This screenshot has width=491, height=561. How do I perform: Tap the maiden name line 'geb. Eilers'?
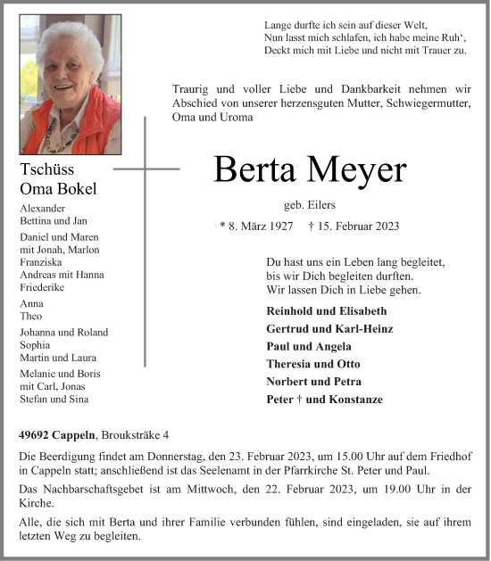(309, 205)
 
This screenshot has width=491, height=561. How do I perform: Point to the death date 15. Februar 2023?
(353, 227)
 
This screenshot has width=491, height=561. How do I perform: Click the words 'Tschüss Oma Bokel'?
(58, 178)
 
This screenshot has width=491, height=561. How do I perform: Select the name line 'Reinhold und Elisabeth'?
(326, 311)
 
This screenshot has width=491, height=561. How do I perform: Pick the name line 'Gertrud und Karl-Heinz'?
(329, 329)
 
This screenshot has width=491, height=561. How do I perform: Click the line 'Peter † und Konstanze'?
(324, 400)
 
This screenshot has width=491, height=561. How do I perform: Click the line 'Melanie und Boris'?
(60, 373)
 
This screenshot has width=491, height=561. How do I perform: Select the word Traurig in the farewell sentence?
(193, 88)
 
